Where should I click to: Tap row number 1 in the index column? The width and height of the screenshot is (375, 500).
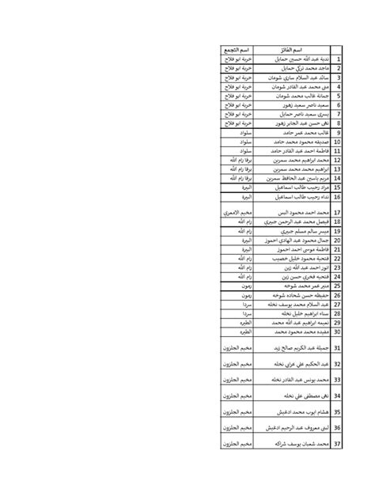pyautogui.click(x=338, y=59)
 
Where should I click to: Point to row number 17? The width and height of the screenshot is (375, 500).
pyautogui.click(x=337, y=214)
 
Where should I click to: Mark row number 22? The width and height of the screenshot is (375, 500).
pyautogui.click(x=337, y=259)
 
